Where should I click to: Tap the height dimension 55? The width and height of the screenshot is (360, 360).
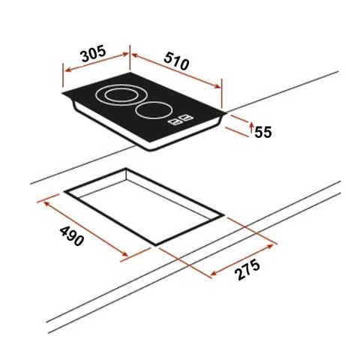coord(262,132)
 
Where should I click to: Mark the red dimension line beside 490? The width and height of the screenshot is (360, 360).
coord(83,226)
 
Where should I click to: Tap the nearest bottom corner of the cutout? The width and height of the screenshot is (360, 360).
coord(156,244)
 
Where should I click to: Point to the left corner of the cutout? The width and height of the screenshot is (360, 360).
coord(64,192)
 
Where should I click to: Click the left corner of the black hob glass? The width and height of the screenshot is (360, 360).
coord(62,94)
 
